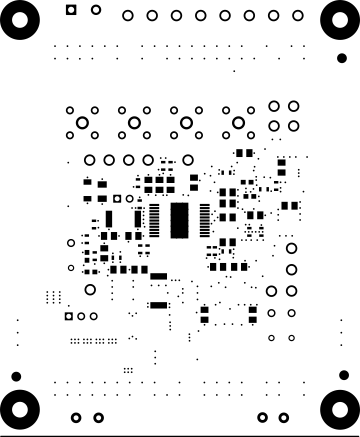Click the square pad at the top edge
[70, 10]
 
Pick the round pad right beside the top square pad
[95, 10]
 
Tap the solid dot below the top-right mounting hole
[342, 58]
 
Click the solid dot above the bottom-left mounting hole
[15, 375]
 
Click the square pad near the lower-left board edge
[69, 316]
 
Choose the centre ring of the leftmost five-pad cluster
[82, 122]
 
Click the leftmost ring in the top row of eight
[128, 16]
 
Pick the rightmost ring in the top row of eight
[297, 16]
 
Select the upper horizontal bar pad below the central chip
[158, 276]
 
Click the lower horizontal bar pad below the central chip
[158, 304]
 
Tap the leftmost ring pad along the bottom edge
[75, 417]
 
